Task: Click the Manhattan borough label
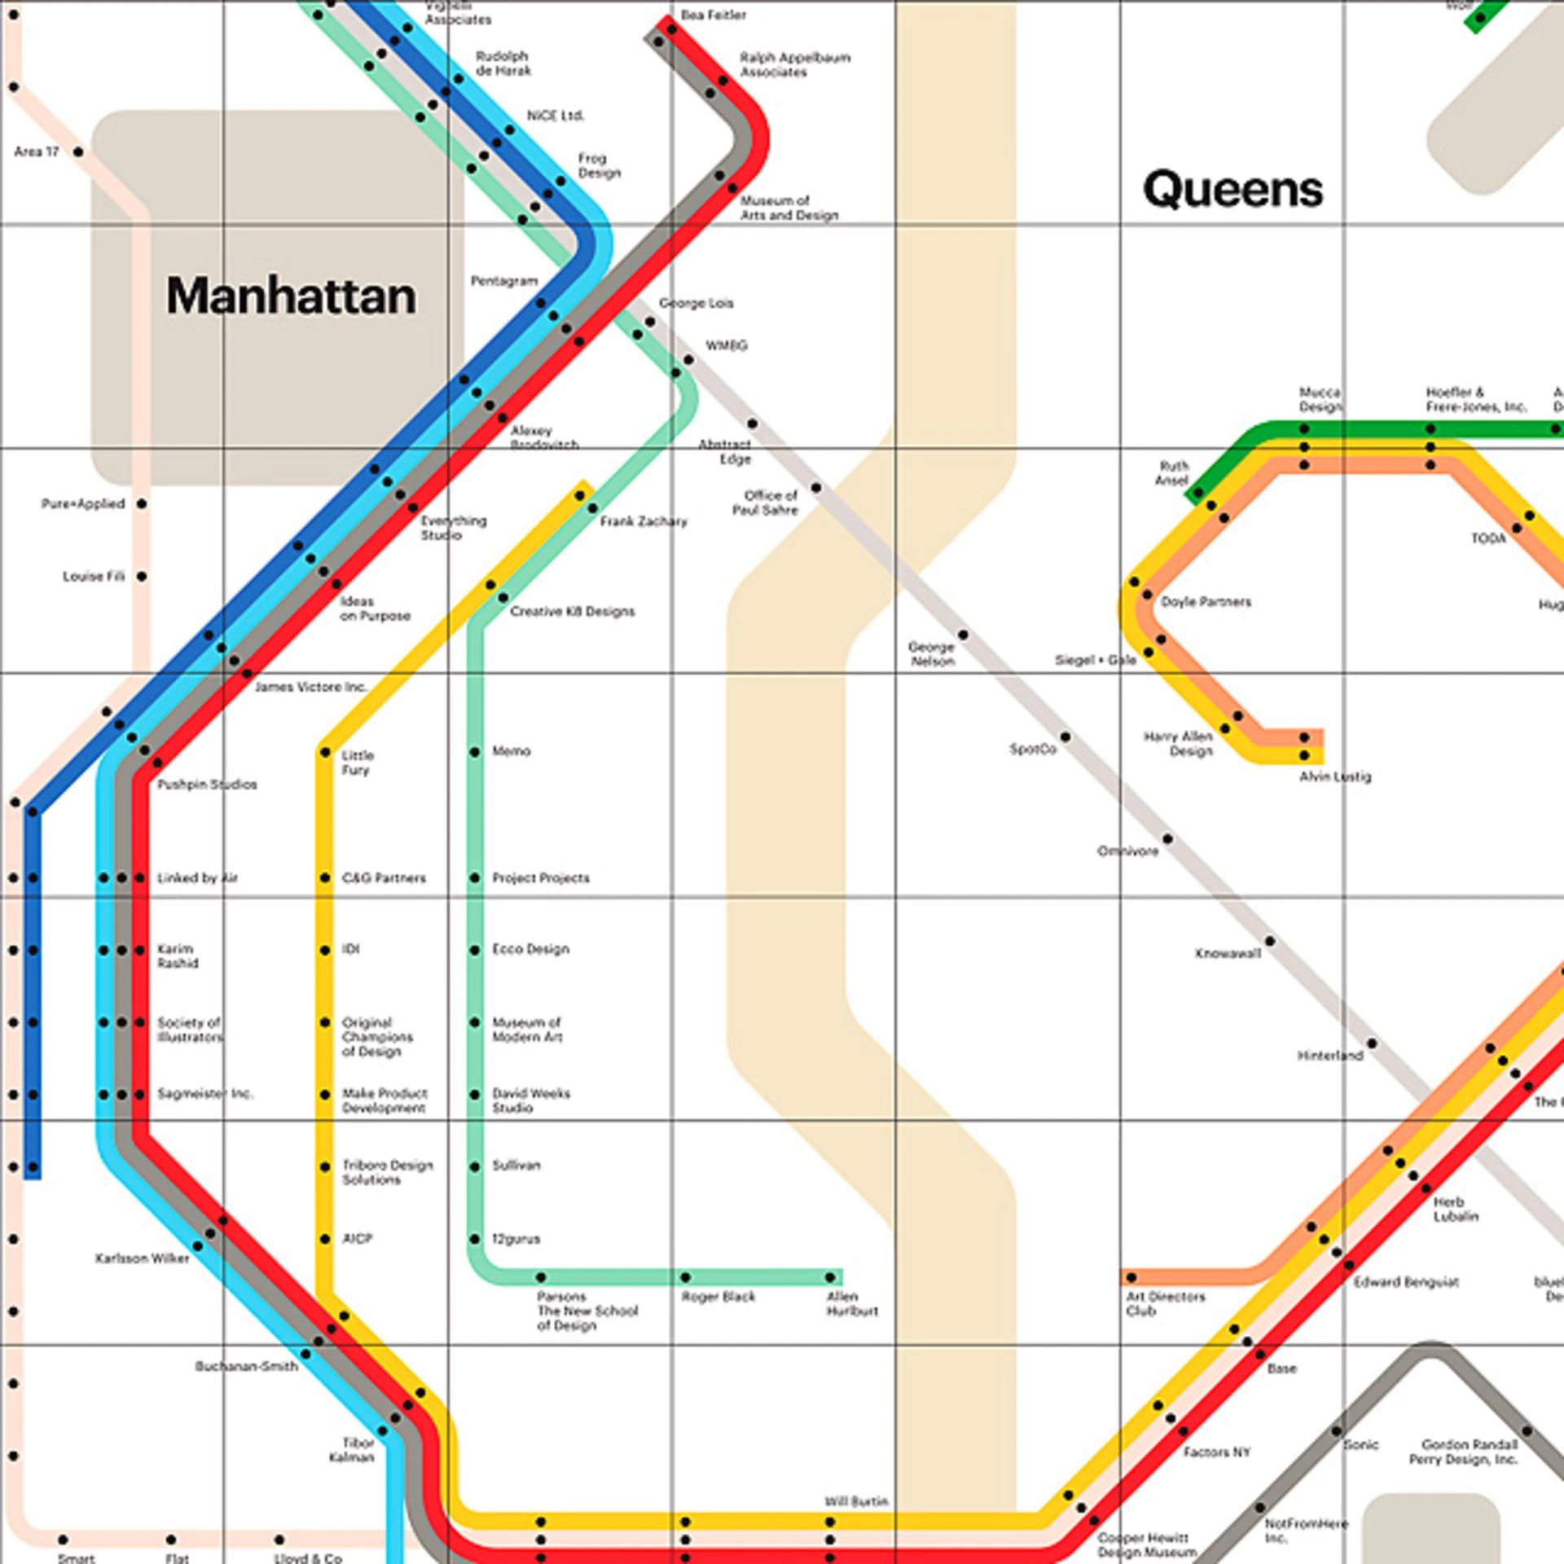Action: point(291,296)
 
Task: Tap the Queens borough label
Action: point(1232,189)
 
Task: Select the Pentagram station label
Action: point(503,281)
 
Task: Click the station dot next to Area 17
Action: point(78,152)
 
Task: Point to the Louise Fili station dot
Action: point(142,576)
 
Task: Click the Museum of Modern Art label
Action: point(526,1030)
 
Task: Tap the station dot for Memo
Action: point(475,752)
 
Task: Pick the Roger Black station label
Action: point(718,1296)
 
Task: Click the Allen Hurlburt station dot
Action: point(829,1277)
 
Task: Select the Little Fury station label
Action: point(357,762)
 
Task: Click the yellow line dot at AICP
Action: point(325,1239)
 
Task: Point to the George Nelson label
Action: point(932,654)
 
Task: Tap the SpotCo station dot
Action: point(1065,737)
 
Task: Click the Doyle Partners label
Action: point(1206,602)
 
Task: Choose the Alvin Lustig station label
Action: point(1334,777)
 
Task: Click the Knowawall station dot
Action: point(1270,942)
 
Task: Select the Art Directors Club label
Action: point(1165,1303)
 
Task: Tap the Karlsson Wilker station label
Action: point(142,1259)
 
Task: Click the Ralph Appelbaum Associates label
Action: point(794,65)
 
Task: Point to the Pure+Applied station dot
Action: point(142,503)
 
